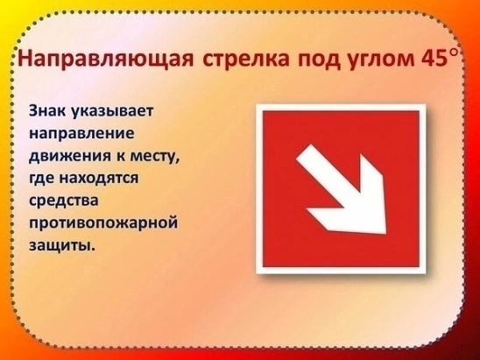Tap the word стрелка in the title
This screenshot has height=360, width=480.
pyautogui.click(x=245, y=58)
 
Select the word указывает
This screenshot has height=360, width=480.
pyautogui.click(x=112, y=112)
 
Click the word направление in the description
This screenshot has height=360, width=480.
pyautogui.click(x=81, y=134)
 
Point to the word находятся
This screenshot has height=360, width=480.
pyautogui.click(x=98, y=179)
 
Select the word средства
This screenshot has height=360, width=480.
pyautogui.click(x=64, y=201)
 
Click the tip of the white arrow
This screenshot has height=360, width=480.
pyautogui.click(x=385, y=233)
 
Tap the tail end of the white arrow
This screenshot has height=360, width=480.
pyautogui.click(x=304, y=152)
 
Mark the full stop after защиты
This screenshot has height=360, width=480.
pyautogui.click(x=92, y=249)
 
